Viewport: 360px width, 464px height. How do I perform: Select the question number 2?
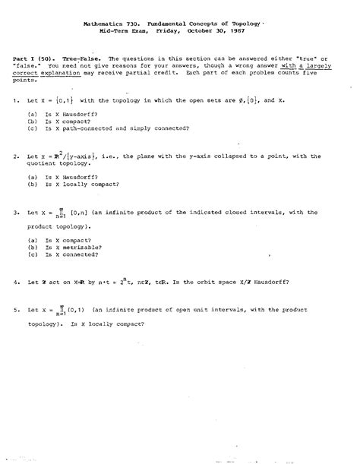point(15,156)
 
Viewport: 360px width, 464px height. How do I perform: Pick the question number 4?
point(15,281)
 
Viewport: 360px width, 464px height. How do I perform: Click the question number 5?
point(15,310)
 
